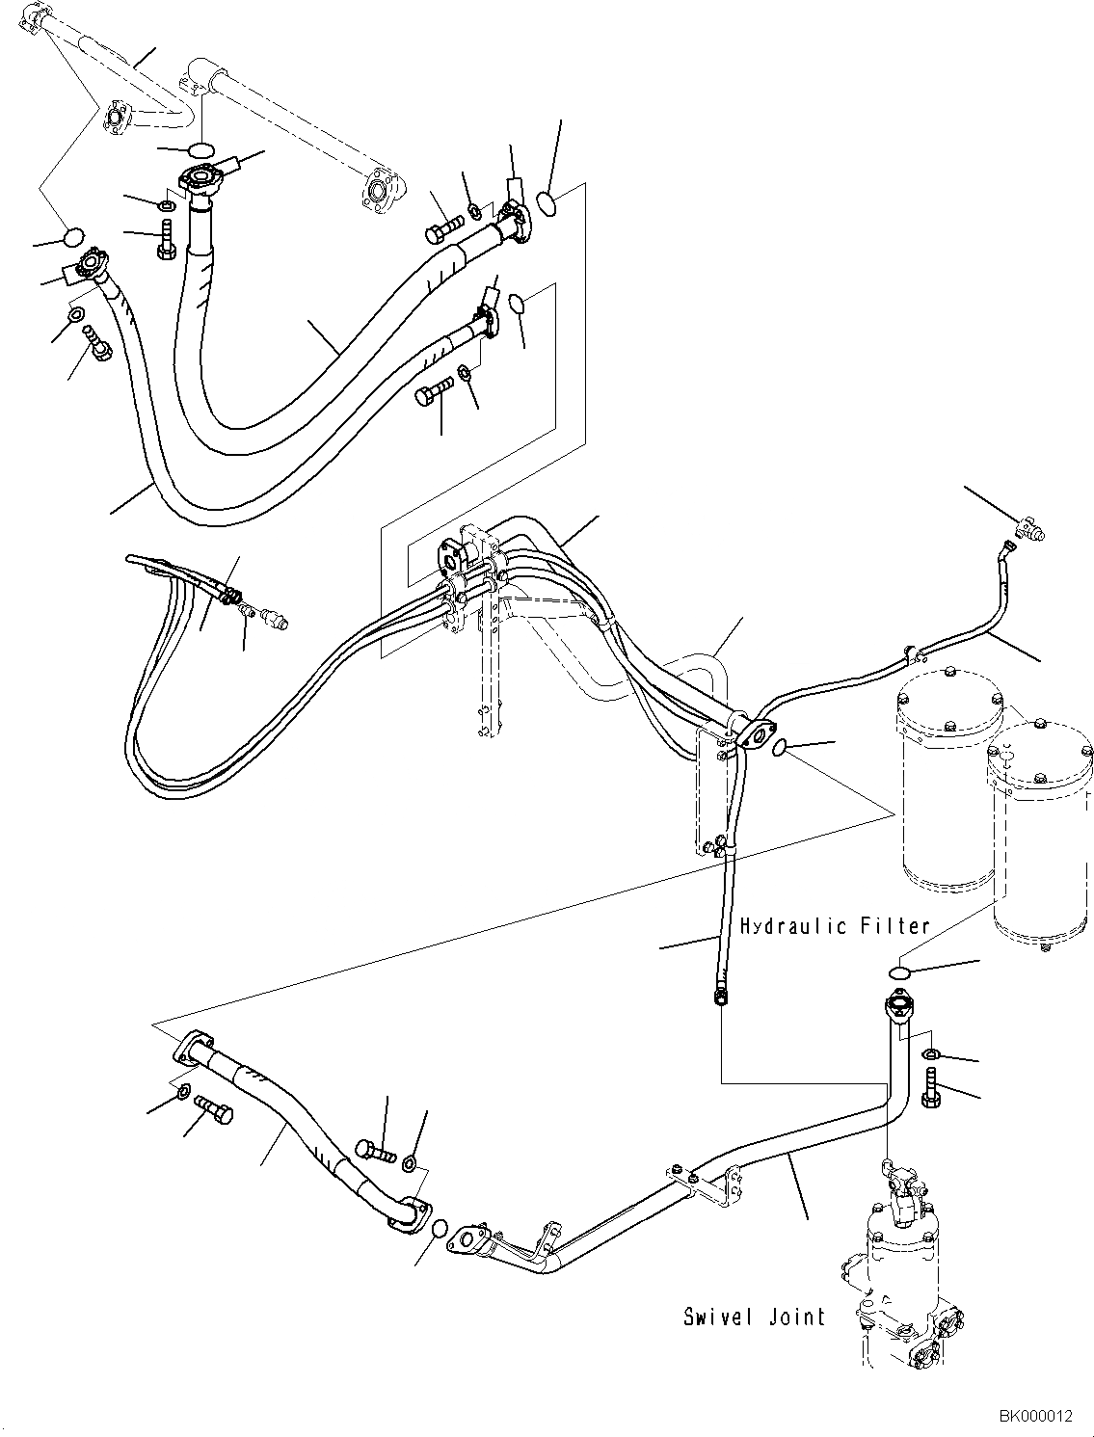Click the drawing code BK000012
click(x=1034, y=1416)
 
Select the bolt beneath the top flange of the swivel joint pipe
click(x=931, y=1087)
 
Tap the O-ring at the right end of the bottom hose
click(x=439, y=1230)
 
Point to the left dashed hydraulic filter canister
click(x=946, y=781)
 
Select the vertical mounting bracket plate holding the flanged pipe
click(x=711, y=790)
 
